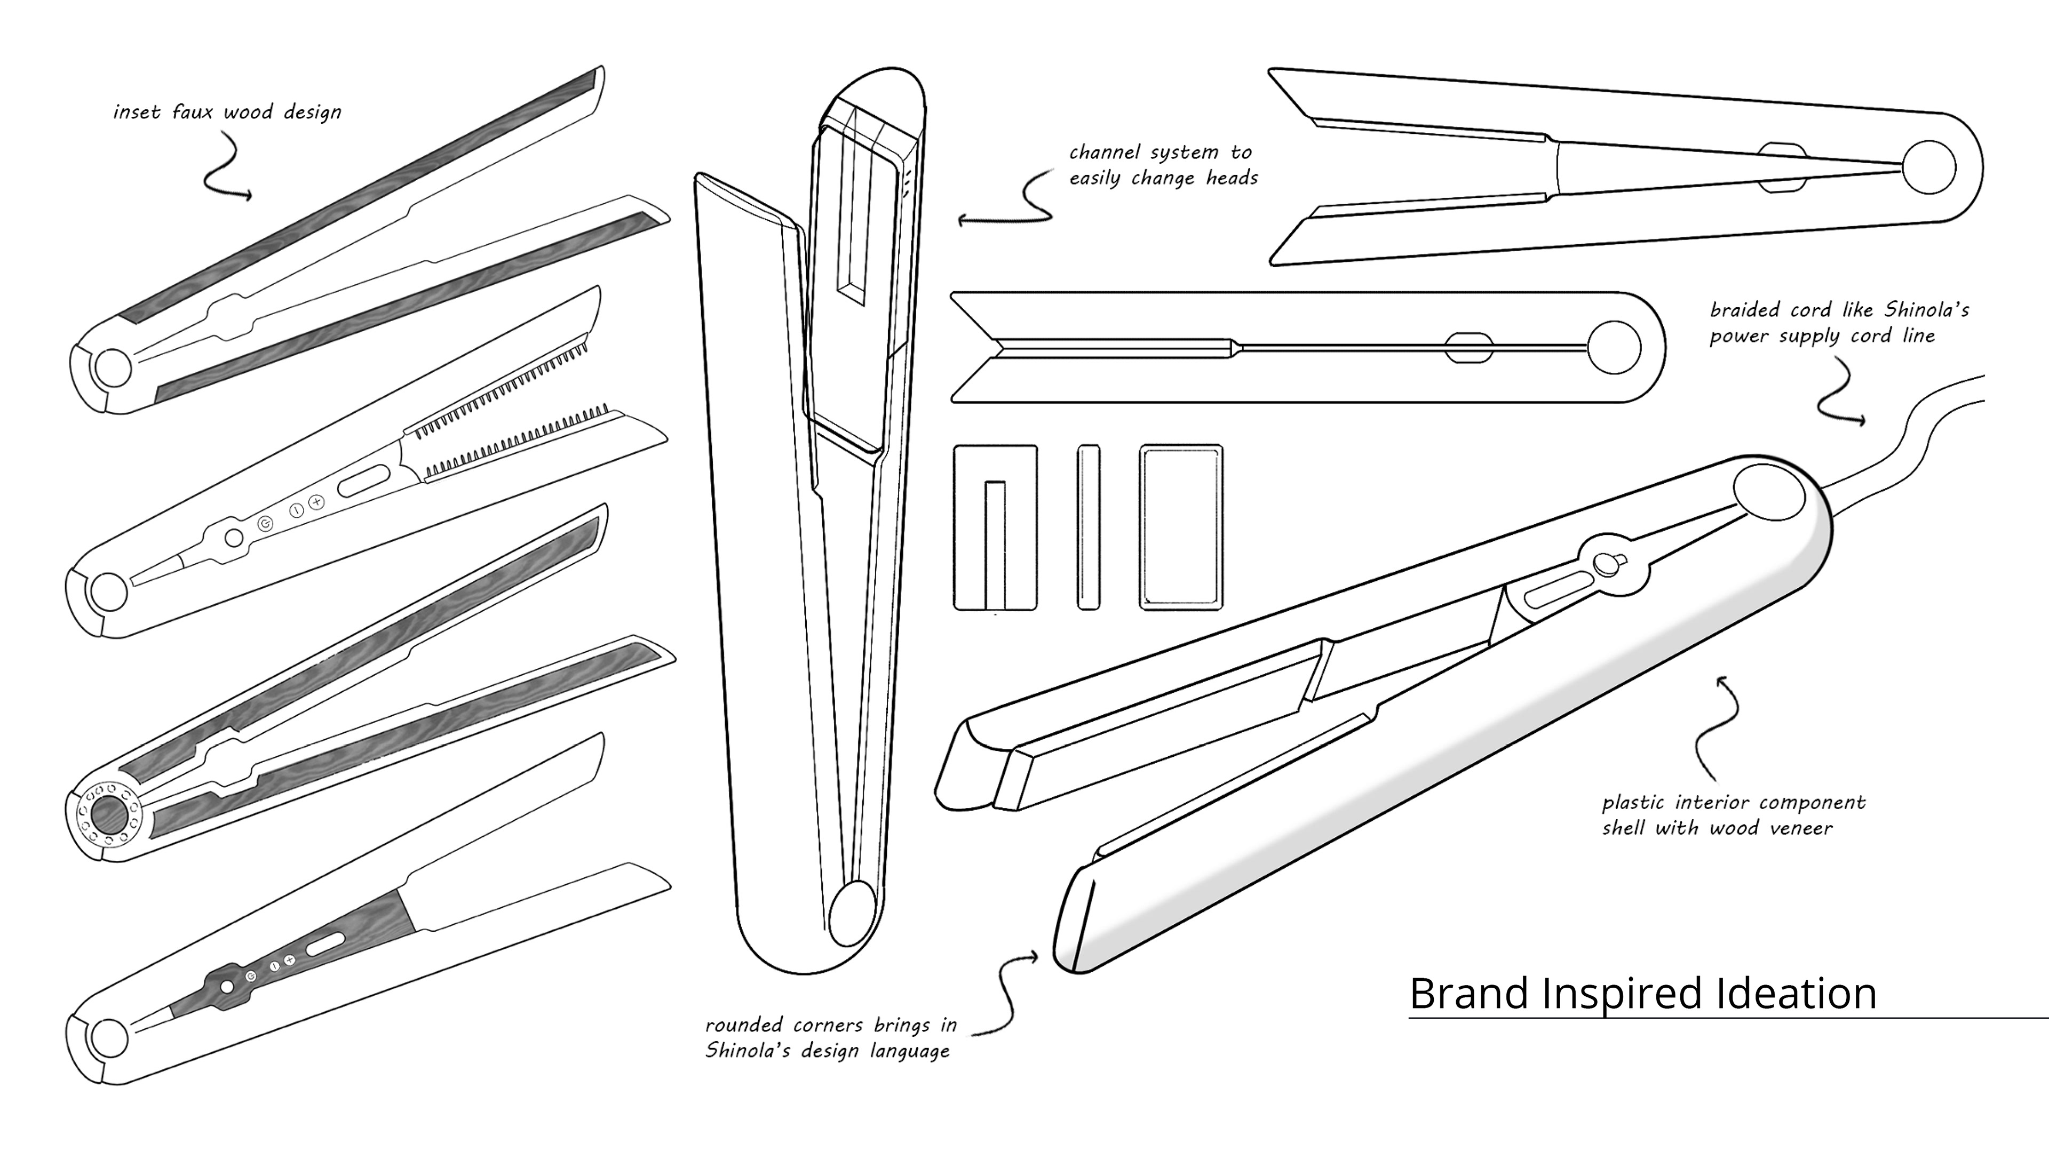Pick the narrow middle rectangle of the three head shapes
click(x=1088, y=527)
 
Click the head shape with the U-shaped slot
click(x=995, y=527)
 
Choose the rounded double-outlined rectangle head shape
click(x=1180, y=527)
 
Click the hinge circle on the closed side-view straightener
click(x=1614, y=347)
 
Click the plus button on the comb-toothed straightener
click(x=316, y=502)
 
